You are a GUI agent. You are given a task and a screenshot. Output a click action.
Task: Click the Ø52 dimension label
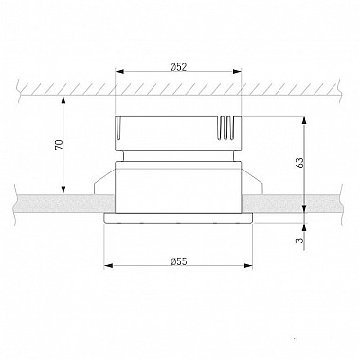[178, 66]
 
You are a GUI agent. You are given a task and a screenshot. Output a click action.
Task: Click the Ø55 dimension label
[178, 261]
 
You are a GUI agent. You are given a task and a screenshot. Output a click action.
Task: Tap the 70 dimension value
[60, 144]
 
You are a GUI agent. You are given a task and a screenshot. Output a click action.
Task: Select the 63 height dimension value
[300, 162]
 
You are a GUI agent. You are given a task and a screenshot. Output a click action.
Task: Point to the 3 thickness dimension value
[300, 240]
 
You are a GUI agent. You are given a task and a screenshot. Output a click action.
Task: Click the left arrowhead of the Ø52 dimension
[119, 71]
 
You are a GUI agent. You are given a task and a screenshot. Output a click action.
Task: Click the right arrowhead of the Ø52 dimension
[237, 71]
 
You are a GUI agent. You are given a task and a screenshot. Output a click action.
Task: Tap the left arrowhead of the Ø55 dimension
[108, 266]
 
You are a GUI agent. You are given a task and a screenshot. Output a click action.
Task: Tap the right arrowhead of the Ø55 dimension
[248, 266]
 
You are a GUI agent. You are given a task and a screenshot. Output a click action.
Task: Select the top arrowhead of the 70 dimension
[63, 99]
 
